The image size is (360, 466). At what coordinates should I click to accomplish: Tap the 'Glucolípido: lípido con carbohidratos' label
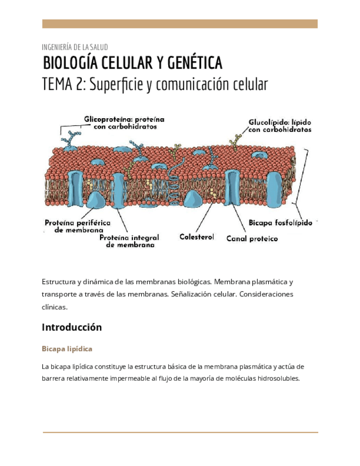click(280, 126)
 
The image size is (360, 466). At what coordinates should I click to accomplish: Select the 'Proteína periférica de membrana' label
click(77, 226)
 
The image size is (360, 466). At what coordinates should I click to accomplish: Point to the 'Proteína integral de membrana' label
click(130, 241)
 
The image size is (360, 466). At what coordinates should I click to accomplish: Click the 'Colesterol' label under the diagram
click(196, 237)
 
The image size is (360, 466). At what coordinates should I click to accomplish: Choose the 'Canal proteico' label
click(252, 239)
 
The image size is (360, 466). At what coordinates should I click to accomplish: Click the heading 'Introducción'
click(72, 327)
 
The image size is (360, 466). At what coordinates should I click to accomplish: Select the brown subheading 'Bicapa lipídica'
click(67, 349)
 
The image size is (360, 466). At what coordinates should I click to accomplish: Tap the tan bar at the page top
click(180, 24)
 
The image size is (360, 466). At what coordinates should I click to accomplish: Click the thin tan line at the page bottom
click(180, 432)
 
